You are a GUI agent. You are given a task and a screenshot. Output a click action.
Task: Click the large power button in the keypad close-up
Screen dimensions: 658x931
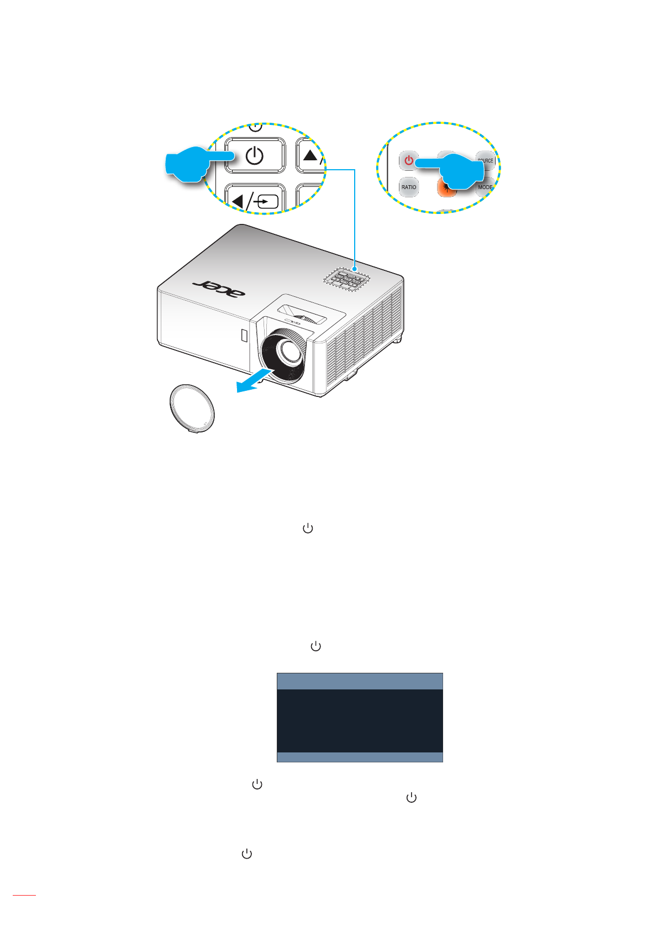tap(255, 155)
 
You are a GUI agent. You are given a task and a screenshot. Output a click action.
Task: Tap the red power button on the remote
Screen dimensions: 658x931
tap(408, 161)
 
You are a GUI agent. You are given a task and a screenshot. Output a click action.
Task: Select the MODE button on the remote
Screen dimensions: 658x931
tap(485, 187)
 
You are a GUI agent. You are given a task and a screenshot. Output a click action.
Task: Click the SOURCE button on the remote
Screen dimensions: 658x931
tap(486, 160)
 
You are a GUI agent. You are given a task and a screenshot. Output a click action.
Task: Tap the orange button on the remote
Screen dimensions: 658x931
tap(445, 188)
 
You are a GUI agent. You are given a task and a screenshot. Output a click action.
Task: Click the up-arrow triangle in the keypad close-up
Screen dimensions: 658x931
tap(310, 155)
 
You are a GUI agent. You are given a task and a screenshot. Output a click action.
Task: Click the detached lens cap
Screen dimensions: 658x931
tap(191, 409)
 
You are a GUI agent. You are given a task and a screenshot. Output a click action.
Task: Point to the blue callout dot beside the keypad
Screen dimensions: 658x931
tap(354, 268)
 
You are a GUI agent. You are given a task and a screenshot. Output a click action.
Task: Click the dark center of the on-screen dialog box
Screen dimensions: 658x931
tap(360, 720)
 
